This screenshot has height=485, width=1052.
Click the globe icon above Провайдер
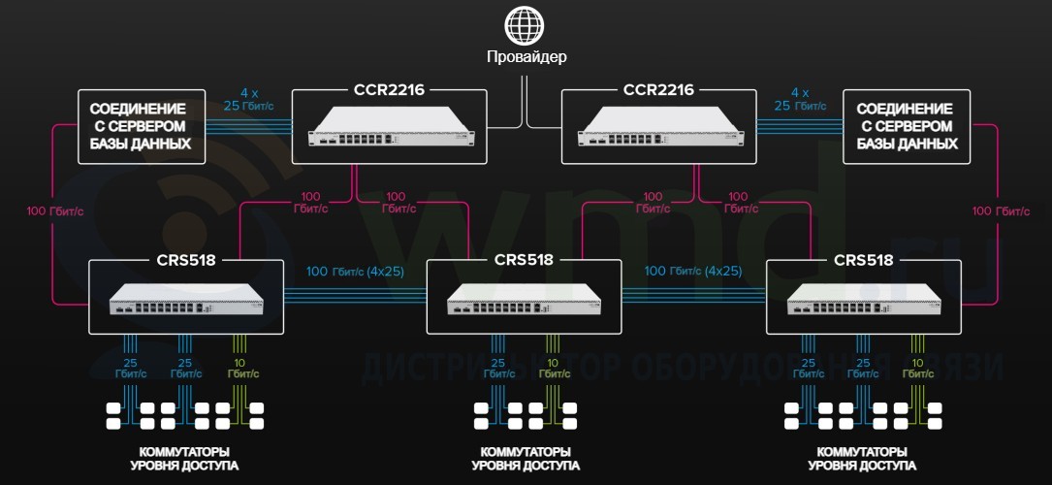click(526, 23)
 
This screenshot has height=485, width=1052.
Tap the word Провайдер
click(526, 56)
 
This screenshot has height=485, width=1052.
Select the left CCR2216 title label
click(388, 90)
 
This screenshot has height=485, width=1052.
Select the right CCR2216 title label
click(658, 90)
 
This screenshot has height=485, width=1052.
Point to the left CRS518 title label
click(185, 259)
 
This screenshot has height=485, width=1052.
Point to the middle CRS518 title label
click(524, 259)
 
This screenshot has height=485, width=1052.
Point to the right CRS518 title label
click(863, 259)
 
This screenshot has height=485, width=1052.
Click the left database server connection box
click(141, 126)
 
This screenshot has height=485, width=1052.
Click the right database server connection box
click(908, 126)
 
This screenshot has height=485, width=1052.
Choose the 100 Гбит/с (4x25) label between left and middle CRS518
click(355, 271)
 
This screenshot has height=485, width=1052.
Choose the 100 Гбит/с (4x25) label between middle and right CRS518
click(693, 271)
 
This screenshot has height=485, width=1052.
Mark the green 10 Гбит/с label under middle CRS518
click(554, 368)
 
